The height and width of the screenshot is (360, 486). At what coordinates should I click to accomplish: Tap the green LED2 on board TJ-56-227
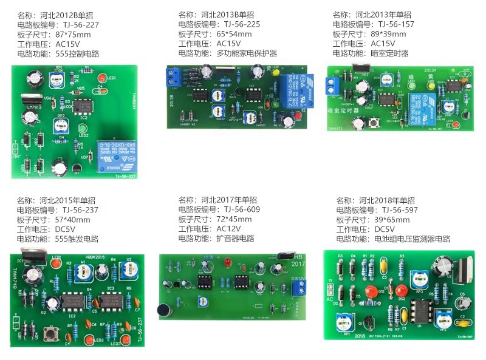81,129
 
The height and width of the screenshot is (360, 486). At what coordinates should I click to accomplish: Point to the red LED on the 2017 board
225,262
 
